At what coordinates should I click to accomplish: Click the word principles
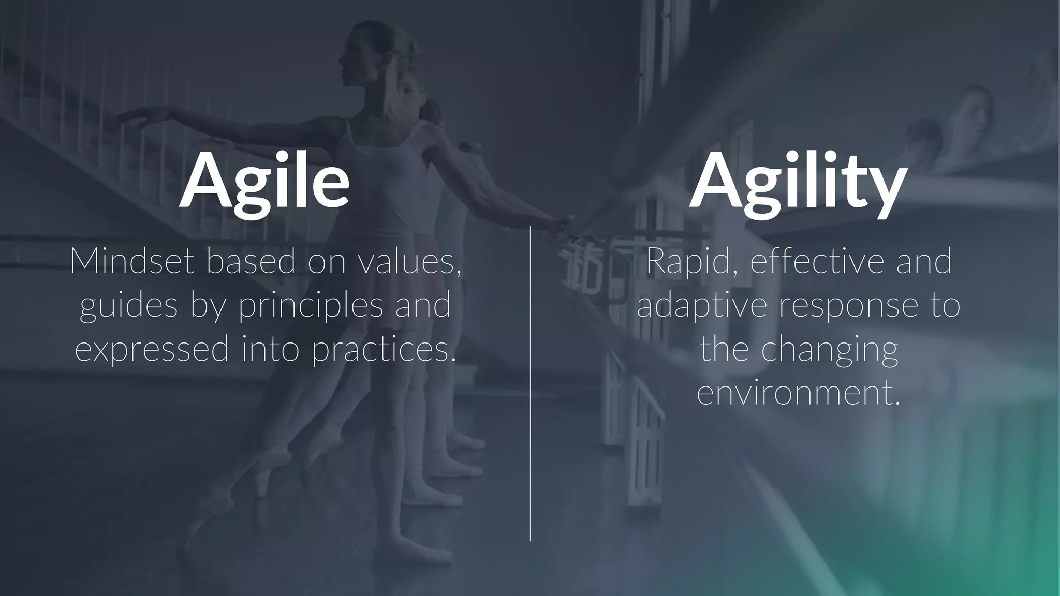pyautogui.click(x=311, y=306)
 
